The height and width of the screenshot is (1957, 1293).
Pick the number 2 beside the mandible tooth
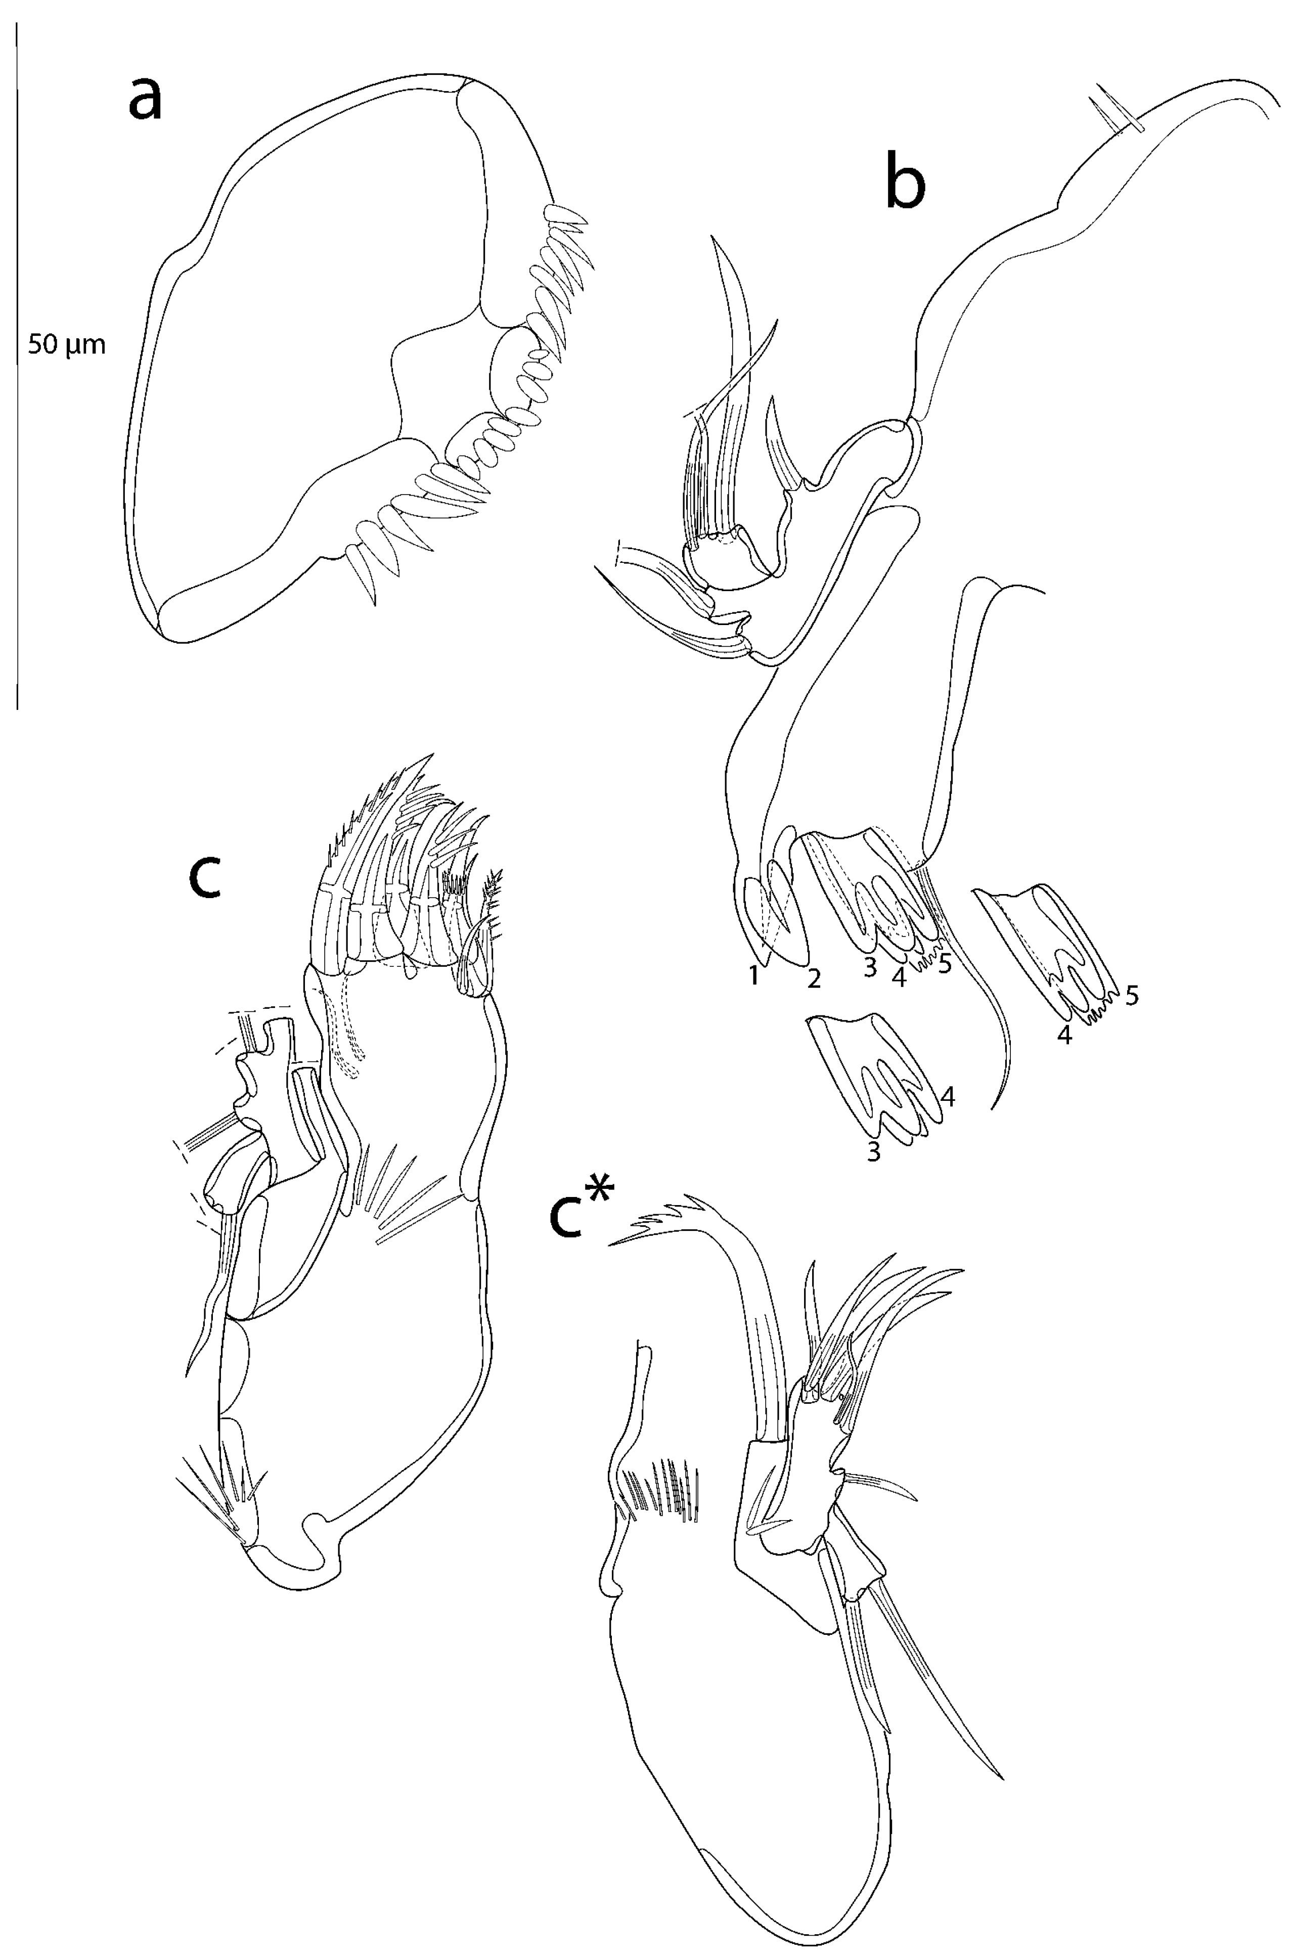click(814, 979)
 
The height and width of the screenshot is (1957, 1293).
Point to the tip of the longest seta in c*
click(1000, 1777)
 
